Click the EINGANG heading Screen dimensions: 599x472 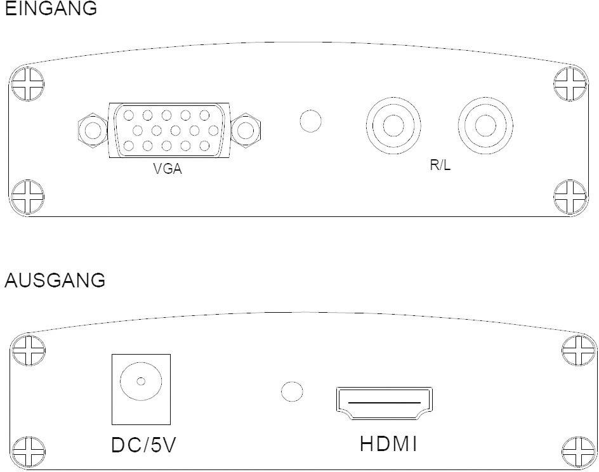[51, 8]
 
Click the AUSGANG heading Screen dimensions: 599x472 [55, 280]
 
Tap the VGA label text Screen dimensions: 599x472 [168, 169]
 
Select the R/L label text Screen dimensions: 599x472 [440, 165]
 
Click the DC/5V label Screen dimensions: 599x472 [143, 445]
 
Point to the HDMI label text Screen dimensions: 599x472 [388, 443]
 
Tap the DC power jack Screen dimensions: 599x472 [141, 389]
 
